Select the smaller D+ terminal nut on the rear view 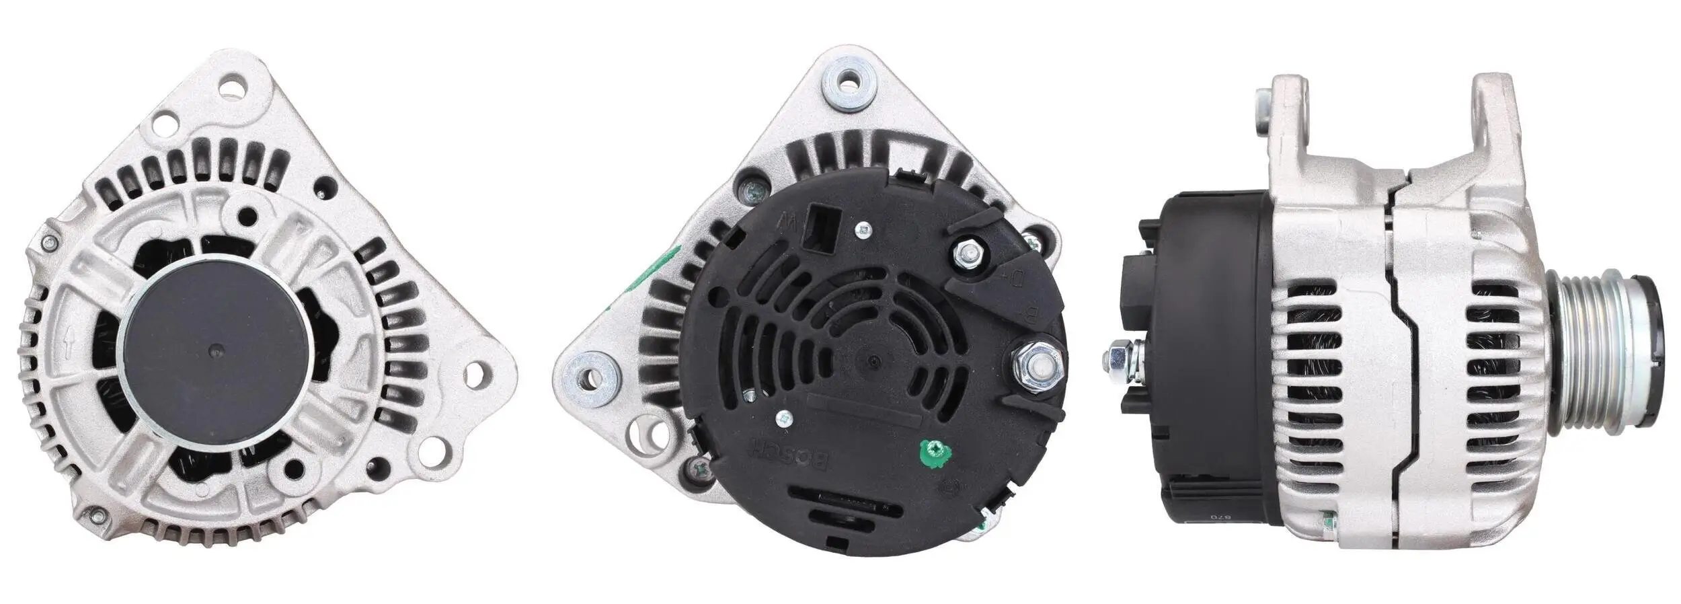pos(967,254)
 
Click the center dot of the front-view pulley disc pos(214,350)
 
